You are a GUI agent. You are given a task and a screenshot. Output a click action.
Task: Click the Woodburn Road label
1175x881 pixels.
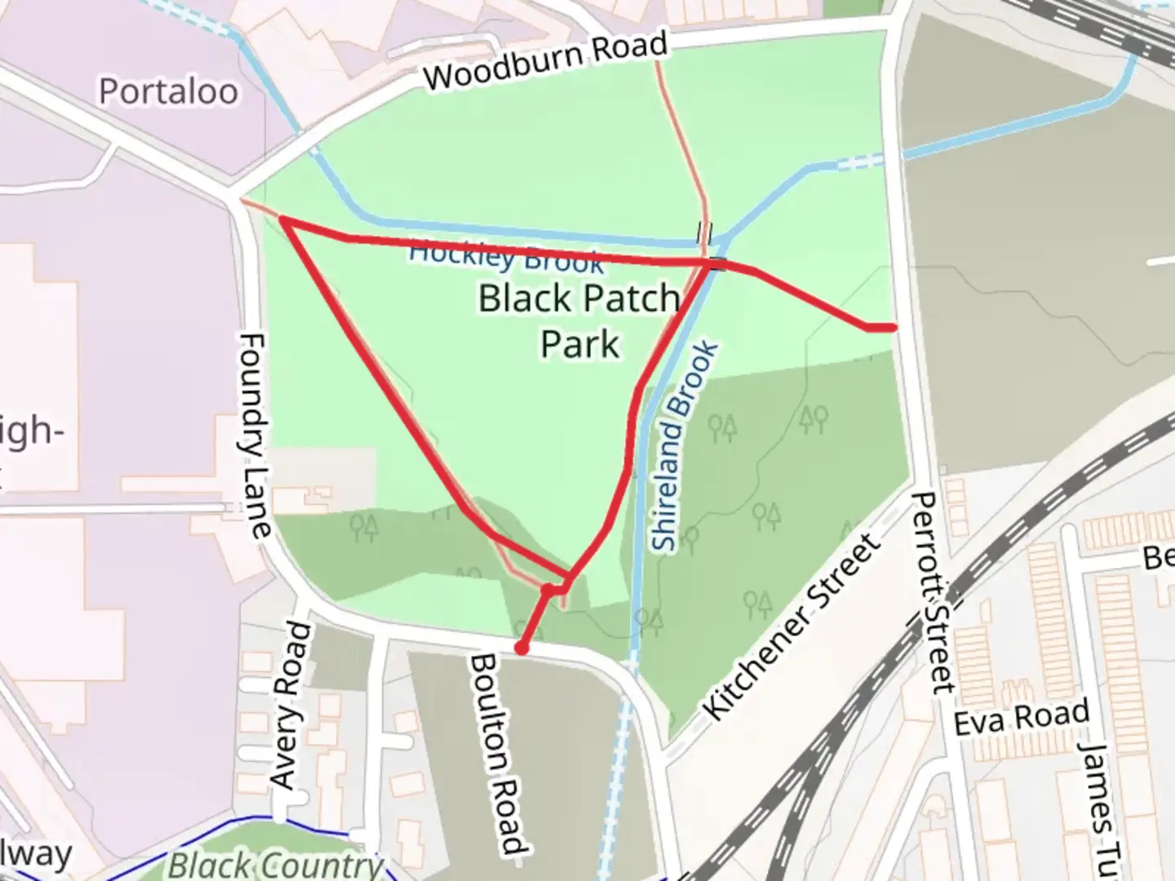pos(546,60)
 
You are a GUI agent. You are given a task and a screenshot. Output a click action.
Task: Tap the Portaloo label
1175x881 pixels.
pos(169,91)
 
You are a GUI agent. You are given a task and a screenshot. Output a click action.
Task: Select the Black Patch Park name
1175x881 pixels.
pos(579,320)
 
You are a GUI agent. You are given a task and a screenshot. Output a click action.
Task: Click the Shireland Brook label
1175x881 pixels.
pos(686,447)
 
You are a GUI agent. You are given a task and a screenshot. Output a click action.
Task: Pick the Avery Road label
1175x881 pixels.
pos(291,706)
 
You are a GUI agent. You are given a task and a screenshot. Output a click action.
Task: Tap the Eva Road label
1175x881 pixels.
pos(1021,718)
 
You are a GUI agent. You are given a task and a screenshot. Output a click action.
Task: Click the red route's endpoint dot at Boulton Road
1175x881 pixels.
pos(521,649)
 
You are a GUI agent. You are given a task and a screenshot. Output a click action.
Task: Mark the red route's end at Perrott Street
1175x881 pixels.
pos(893,327)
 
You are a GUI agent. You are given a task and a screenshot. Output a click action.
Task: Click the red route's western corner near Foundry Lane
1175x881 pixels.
pos(282,219)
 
